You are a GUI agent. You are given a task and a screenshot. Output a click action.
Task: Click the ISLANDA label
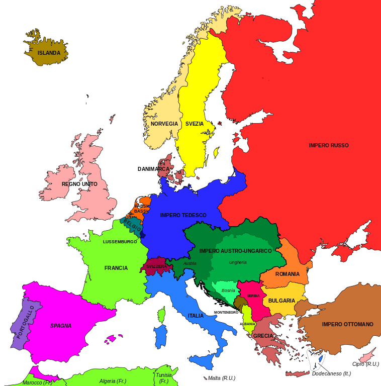[49, 53]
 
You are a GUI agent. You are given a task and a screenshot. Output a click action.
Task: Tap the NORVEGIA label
[164, 124]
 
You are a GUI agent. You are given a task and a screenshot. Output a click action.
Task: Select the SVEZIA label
[195, 124]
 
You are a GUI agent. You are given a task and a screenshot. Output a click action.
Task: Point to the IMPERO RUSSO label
[329, 145]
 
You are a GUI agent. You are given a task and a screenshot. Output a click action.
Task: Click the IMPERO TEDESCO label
[183, 215]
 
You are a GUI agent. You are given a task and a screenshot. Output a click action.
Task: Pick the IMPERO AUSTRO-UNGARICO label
[235, 251]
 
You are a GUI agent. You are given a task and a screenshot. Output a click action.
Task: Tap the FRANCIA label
[116, 268]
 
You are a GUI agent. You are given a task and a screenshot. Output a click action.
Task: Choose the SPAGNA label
[61, 326]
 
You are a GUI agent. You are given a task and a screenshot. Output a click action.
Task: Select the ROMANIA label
[288, 274]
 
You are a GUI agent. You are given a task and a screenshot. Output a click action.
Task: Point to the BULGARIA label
[281, 301]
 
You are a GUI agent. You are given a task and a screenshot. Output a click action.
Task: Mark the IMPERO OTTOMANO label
[348, 324]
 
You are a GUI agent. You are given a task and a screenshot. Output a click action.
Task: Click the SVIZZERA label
[156, 266]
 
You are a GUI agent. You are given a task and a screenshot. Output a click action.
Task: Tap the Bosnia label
[228, 291]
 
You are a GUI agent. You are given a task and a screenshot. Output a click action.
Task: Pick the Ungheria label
[238, 262]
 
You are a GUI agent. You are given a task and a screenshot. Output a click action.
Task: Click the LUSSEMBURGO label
[120, 242]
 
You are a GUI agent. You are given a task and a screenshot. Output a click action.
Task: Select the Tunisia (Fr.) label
[164, 378]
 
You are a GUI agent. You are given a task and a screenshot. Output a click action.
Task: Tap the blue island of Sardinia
[161, 336]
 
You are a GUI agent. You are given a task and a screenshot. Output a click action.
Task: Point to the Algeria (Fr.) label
[113, 381]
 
